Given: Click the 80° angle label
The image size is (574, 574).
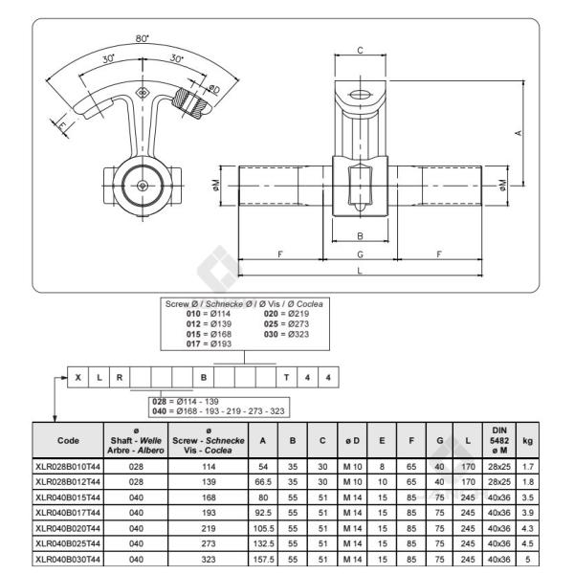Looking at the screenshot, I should tap(143, 39).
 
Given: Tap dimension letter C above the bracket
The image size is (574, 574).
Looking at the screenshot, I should tap(360, 50).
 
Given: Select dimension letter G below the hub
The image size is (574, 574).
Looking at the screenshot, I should tap(360, 254).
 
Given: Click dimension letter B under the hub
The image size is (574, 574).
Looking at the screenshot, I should tap(360, 234).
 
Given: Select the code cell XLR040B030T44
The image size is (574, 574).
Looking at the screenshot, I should tap(68, 560).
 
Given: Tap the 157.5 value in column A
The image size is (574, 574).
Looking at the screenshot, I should tap(264, 560).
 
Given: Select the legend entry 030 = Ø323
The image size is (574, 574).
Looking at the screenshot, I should tap(285, 333).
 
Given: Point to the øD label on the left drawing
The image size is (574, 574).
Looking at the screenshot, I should tap(213, 89).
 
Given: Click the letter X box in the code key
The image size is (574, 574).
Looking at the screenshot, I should tap(77, 378).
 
